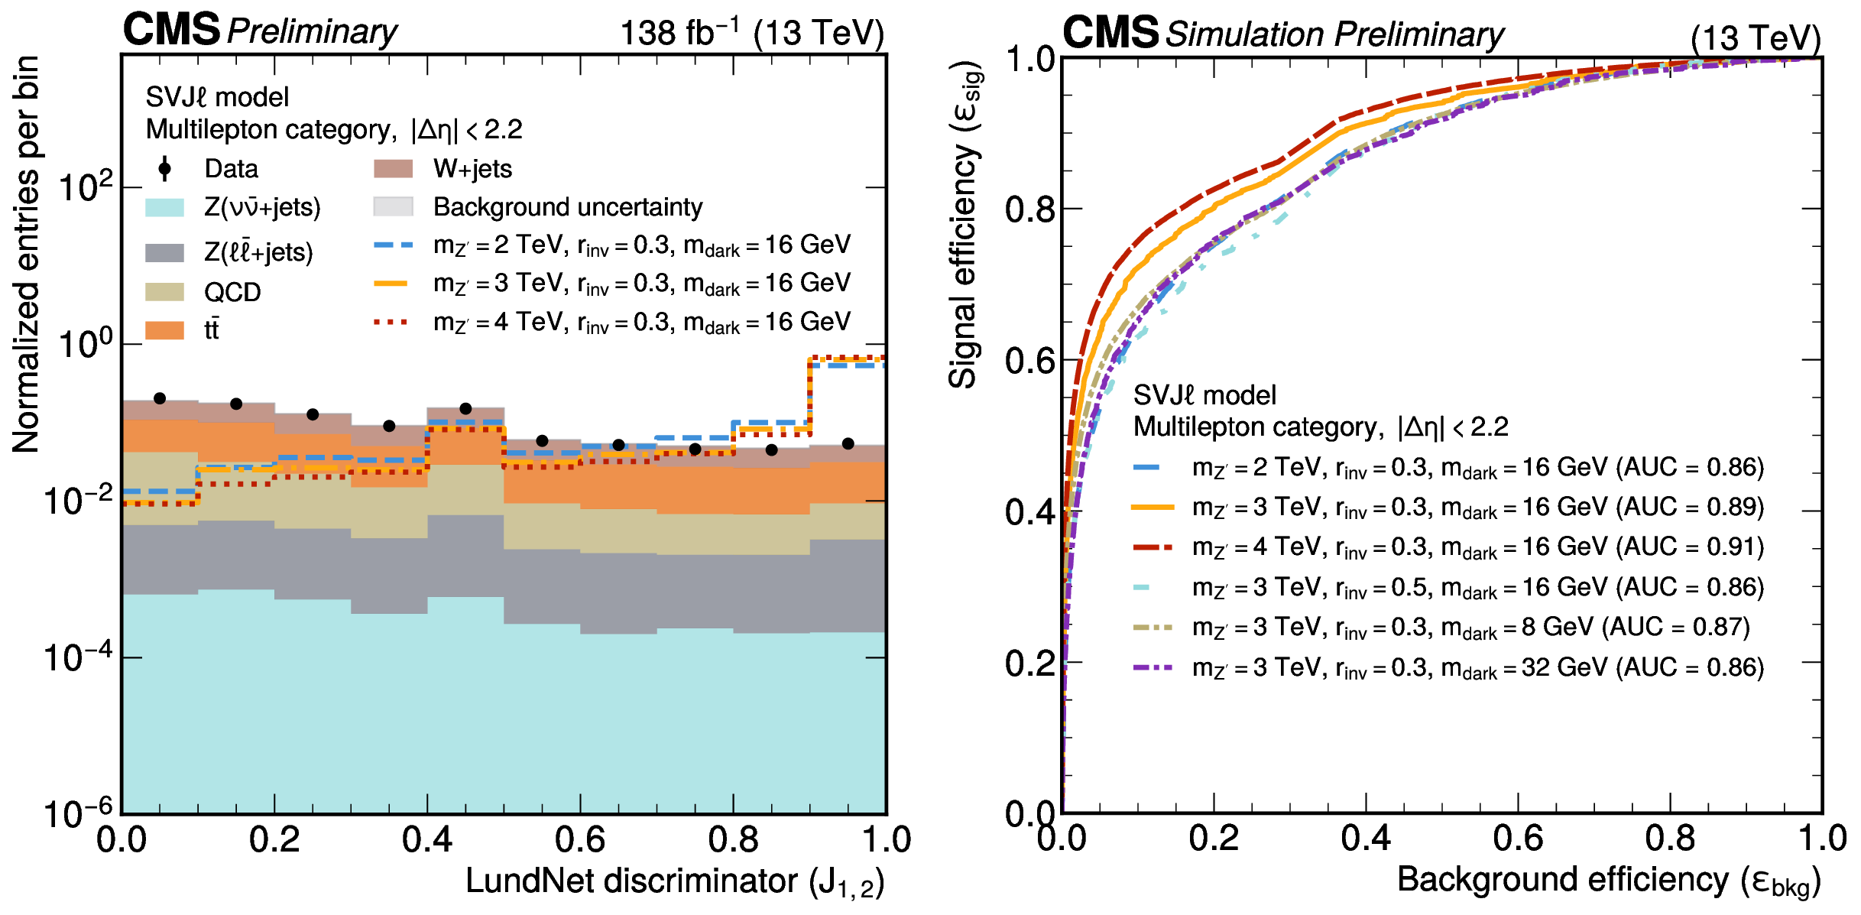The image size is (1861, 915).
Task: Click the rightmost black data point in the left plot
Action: (x=848, y=443)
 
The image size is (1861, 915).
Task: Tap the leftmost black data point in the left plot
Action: (x=160, y=398)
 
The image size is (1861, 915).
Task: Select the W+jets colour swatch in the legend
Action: (x=393, y=169)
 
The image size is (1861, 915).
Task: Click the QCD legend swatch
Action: (x=164, y=292)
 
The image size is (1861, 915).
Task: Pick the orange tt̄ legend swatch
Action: (x=164, y=330)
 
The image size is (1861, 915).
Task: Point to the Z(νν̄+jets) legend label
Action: (x=262, y=207)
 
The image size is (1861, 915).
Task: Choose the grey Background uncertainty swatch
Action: (x=393, y=207)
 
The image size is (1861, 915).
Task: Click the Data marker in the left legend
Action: (x=164, y=169)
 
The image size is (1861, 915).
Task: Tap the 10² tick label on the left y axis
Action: (x=85, y=186)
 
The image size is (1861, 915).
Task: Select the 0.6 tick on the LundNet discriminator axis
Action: (x=580, y=840)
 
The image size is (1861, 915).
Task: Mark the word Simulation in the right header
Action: (x=1244, y=34)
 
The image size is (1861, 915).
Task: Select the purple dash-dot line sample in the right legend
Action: (x=1153, y=668)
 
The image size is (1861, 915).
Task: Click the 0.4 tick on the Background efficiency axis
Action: (x=1366, y=839)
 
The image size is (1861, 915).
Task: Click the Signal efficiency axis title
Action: (x=965, y=226)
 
